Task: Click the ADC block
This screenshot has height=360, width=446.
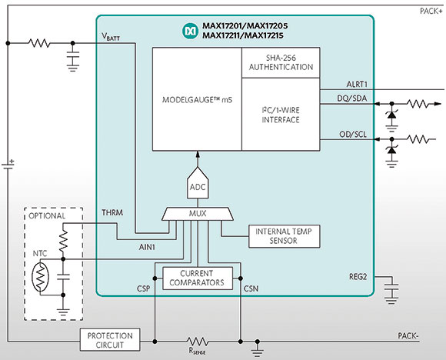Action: pos(198,183)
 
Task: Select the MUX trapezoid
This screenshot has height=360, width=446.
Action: pos(198,214)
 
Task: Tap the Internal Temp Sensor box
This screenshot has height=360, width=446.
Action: pos(285,236)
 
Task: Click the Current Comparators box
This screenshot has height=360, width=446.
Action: pos(198,278)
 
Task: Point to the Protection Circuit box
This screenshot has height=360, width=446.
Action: pos(110,340)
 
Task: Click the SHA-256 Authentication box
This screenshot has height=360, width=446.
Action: pos(281,62)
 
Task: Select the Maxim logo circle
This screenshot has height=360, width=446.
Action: pos(190,31)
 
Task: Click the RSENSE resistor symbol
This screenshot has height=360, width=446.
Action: pos(197,342)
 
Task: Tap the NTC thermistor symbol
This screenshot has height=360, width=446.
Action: pos(40,277)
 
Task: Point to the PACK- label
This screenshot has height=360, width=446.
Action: pos(408,336)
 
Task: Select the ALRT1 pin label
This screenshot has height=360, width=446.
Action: pos(357,85)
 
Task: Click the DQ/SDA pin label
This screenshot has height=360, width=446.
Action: pos(352,98)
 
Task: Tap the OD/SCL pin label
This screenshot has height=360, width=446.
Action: pos(353,134)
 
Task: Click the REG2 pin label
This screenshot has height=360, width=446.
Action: pos(358,277)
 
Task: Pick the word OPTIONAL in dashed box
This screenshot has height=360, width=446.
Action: pos(47,215)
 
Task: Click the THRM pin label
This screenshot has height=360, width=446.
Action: pos(112,212)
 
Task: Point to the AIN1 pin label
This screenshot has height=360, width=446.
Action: pos(147,247)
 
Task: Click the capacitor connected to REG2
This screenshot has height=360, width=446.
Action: pos(391,289)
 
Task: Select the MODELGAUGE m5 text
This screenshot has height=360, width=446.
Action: pos(197,100)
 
